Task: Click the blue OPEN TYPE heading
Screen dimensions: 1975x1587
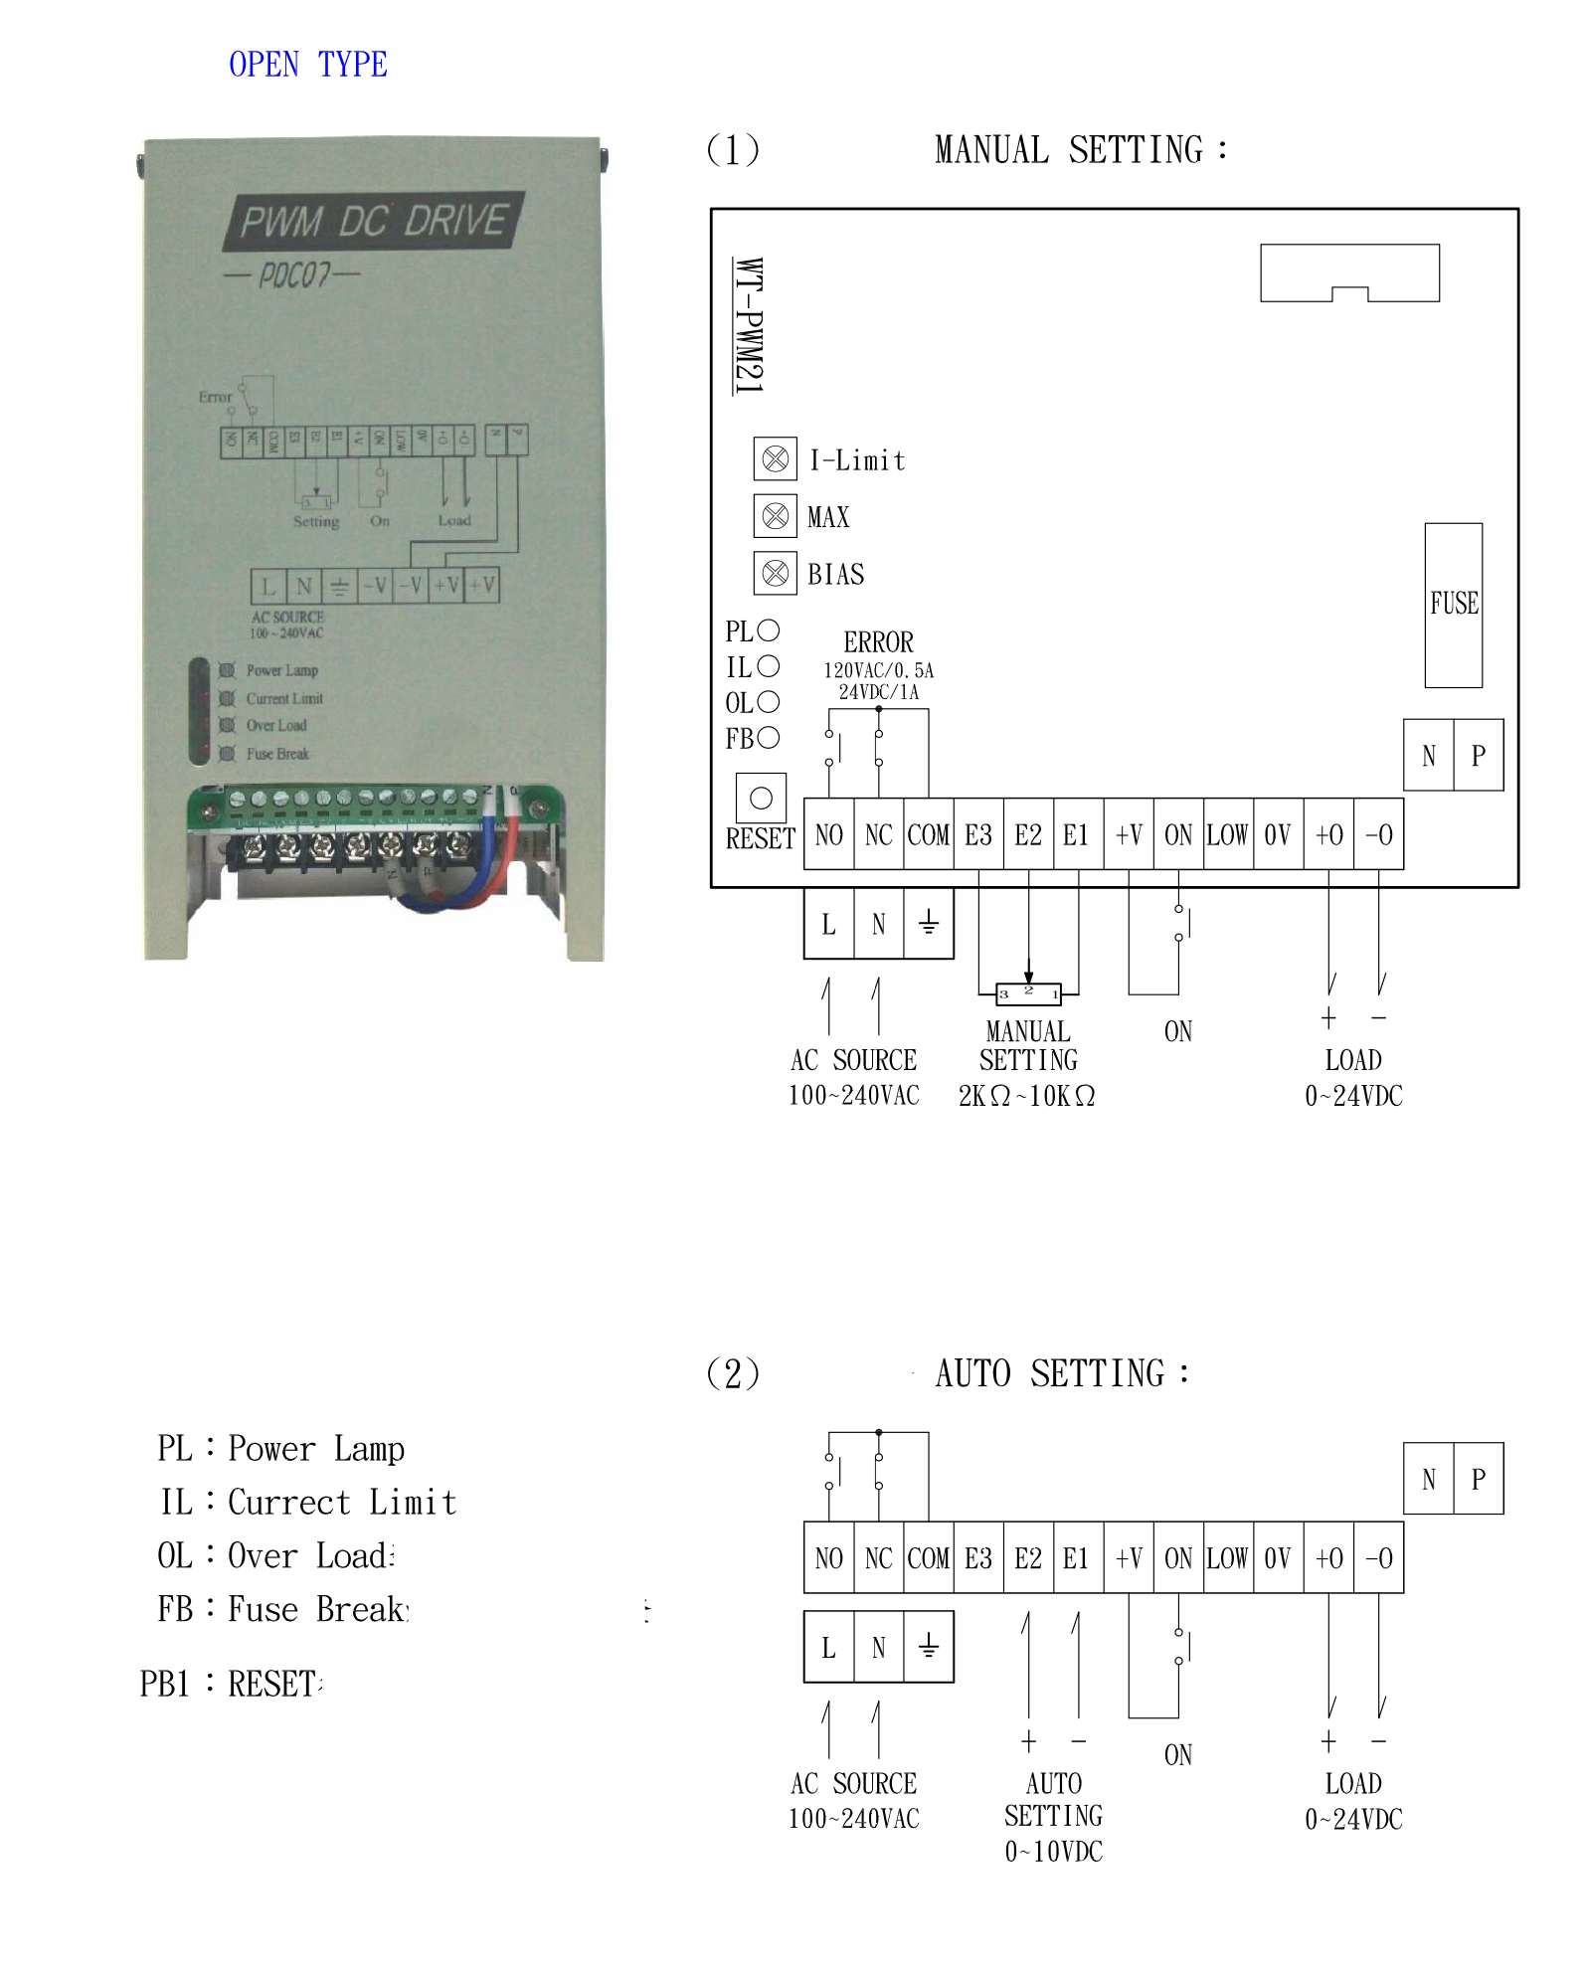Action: pyautogui.click(x=307, y=65)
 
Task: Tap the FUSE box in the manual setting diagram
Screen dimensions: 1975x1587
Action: pyautogui.click(x=1453, y=605)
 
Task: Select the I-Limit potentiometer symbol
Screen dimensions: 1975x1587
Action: pyautogui.click(x=775, y=459)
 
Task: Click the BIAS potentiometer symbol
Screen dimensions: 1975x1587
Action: pyautogui.click(x=775, y=574)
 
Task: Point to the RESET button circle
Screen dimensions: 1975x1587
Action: pyautogui.click(x=761, y=798)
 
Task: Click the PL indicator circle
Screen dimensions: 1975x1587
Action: pyautogui.click(x=769, y=630)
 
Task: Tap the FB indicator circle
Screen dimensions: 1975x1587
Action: pyautogui.click(x=769, y=738)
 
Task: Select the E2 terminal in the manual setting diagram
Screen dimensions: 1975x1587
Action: pyautogui.click(x=1028, y=835)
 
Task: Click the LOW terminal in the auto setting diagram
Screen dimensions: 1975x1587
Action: pyautogui.click(x=1227, y=1558)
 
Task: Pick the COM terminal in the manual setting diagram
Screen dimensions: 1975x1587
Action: pyautogui.click(x=929, y=835)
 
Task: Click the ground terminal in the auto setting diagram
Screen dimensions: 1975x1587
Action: pyautogui.click(x=929, y=1647)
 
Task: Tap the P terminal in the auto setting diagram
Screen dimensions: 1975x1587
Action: pyautogui.click(x=1479, y=1480)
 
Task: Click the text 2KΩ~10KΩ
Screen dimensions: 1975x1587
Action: pyautogui.click(x=1026, y=1096)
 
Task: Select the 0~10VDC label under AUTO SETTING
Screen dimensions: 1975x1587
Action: pyautogui.click(x=1053, y=1852)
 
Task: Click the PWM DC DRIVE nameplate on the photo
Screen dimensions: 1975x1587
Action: pyautogui.click(x=373, y=221)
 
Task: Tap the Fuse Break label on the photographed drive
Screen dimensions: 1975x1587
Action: pyautogui.click(x=277, y=754)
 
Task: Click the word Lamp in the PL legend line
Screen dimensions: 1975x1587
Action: pyautogui.click(x=369, y=1449)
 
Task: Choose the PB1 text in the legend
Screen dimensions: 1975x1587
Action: pyautogui.click(x=164, y=1684)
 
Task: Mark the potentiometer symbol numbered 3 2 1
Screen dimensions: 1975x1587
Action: pyautogui.click(x=1028, y=992)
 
